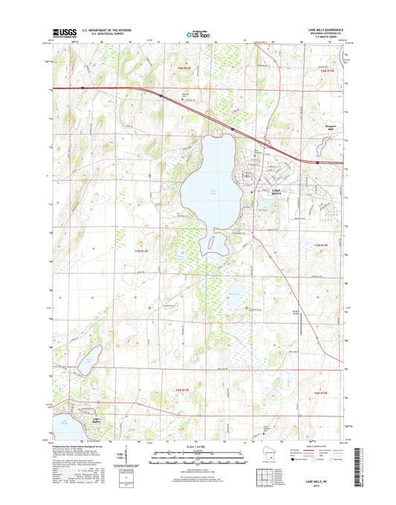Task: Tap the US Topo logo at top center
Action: click(198, 33)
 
